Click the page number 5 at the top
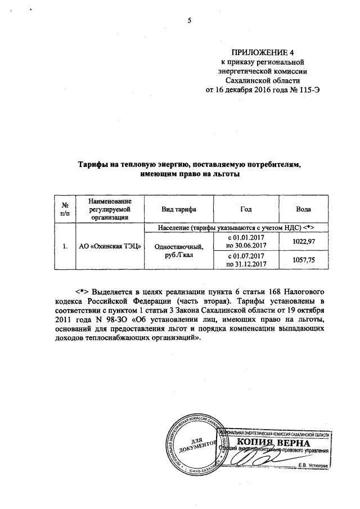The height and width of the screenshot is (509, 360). [190, 20]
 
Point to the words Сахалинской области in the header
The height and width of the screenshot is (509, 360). [263, 80]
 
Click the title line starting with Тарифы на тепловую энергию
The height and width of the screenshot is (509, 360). [190, 165]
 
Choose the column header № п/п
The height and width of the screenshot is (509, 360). [65, 209]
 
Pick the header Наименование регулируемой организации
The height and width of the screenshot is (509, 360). [110, 209]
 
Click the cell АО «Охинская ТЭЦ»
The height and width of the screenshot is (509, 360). [110, 246]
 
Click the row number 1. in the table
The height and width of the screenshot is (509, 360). [65, 246]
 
